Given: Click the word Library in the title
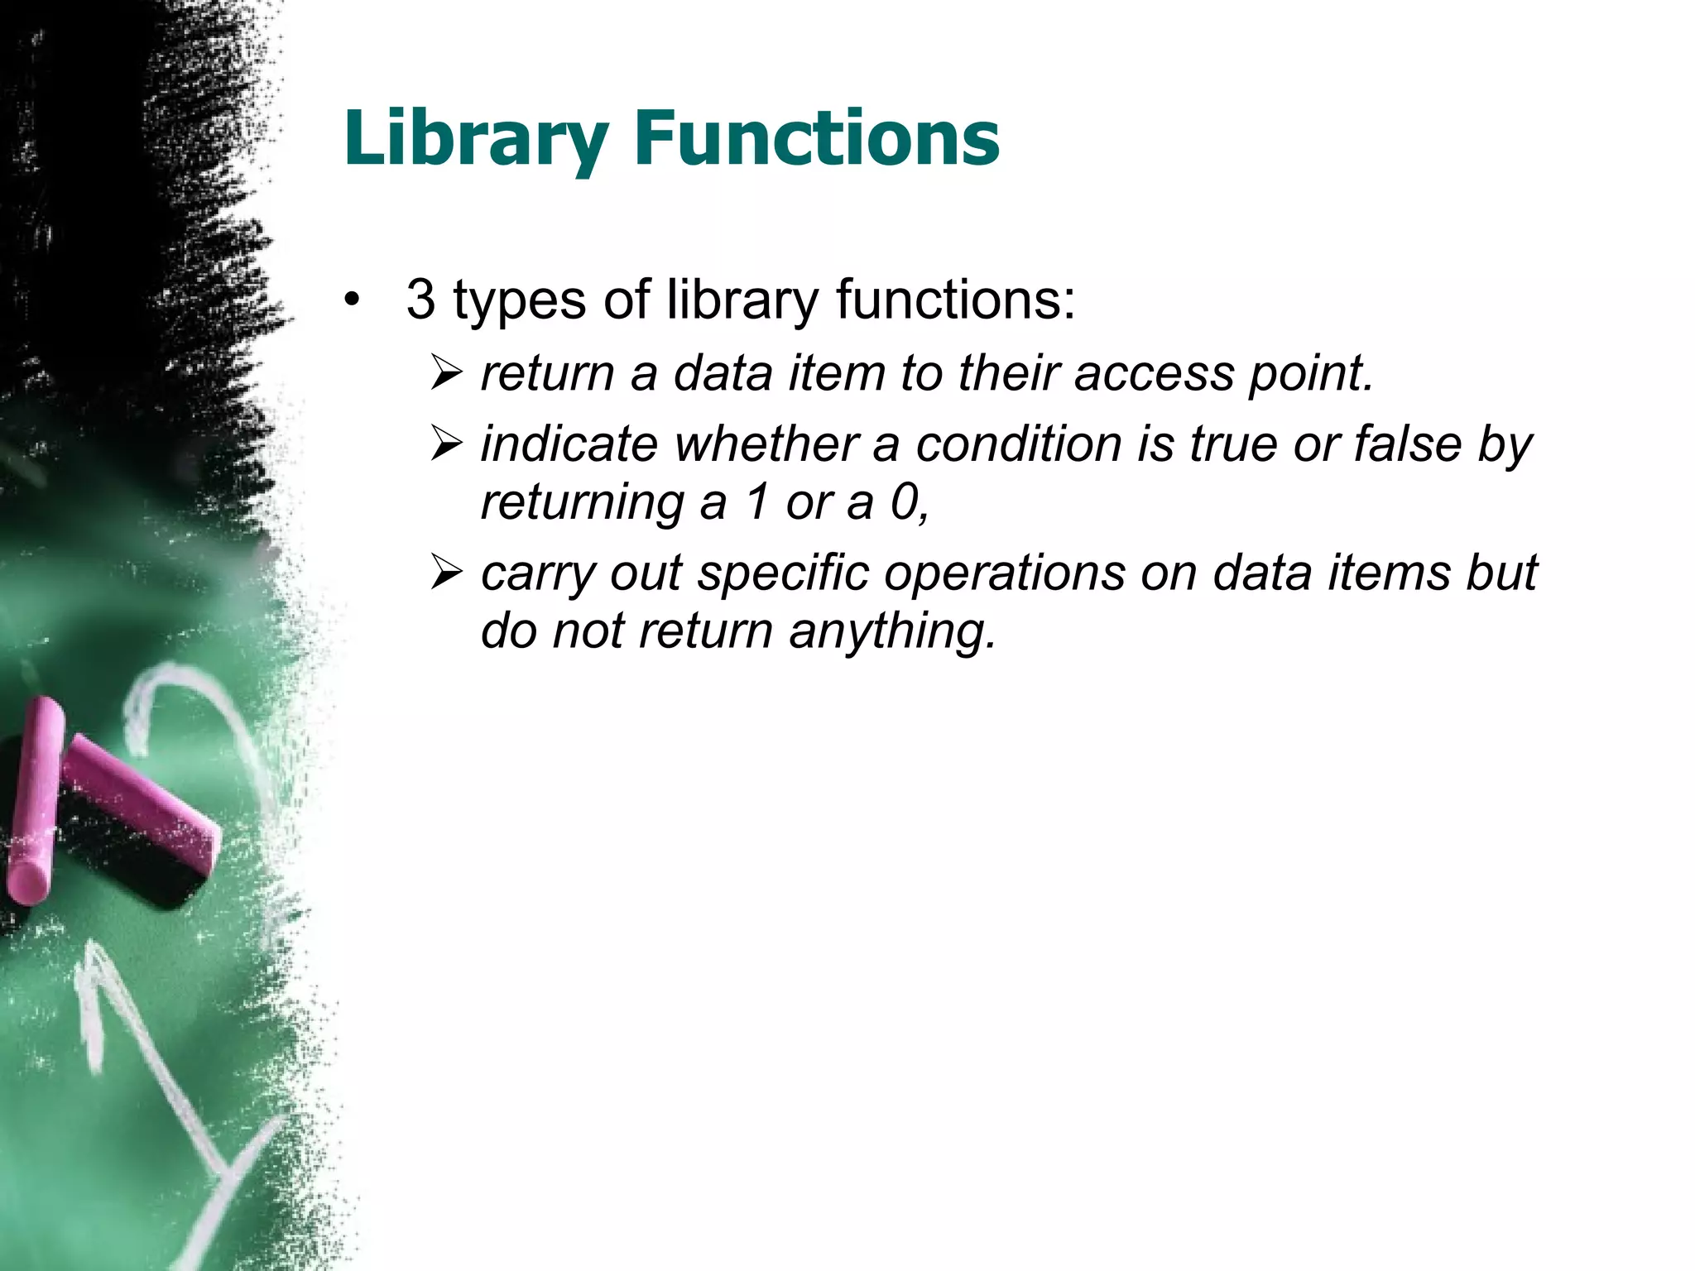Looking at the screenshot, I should click(476, 139).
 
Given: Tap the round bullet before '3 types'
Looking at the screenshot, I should click(353, 301).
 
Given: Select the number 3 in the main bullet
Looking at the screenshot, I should click(420, 300).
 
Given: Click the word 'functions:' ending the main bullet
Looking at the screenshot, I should click(955, 300).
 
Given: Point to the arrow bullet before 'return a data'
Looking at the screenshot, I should click(446, 374).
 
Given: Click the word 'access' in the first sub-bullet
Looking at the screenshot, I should click(1154, 374).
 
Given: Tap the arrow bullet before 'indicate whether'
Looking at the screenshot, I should click(446, 445).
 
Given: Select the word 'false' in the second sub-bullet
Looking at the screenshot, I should click(1408, 445).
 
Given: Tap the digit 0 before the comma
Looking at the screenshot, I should click(903, 503).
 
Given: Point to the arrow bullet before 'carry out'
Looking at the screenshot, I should click(446, 573).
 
